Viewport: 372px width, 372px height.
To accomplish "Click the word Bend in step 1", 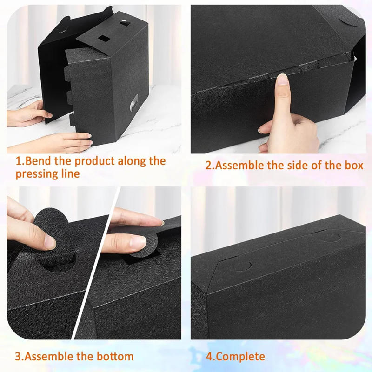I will tap(35, 161).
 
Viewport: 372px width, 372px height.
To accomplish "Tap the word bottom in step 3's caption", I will tap(114, 357).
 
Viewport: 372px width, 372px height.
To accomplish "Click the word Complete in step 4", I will tap(241, 357).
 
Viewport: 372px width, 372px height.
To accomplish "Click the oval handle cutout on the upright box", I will tap(135, 100).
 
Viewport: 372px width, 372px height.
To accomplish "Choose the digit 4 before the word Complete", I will tap(209, 357).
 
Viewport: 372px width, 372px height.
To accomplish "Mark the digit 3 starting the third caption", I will tap(18, 357).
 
